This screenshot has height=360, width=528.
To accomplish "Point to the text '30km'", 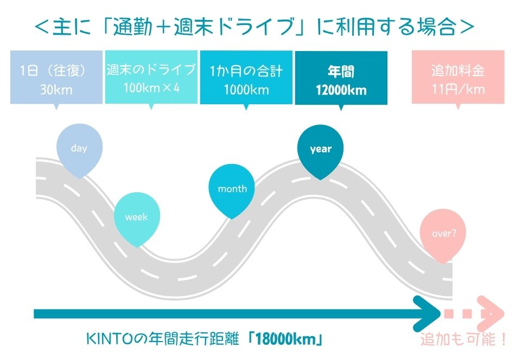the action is (56, 90).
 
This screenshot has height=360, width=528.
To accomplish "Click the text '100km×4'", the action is (151, 88).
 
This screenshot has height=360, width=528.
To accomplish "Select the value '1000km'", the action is (246, 90).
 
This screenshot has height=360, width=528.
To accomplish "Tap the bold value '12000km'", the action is (341, 90).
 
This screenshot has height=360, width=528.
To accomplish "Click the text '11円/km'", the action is (459, 90).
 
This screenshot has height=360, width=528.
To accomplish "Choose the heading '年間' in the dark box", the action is (341, 72).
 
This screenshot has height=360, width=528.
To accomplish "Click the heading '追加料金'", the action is (458, 71).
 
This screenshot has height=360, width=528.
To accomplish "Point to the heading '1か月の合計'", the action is (246, 71).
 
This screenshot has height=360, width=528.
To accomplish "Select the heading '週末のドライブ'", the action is (151, 70).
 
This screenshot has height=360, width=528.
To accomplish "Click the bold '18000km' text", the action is (285, 339).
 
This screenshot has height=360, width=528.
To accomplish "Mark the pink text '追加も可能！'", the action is (463, 339).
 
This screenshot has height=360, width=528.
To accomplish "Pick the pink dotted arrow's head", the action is (492, 313).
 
